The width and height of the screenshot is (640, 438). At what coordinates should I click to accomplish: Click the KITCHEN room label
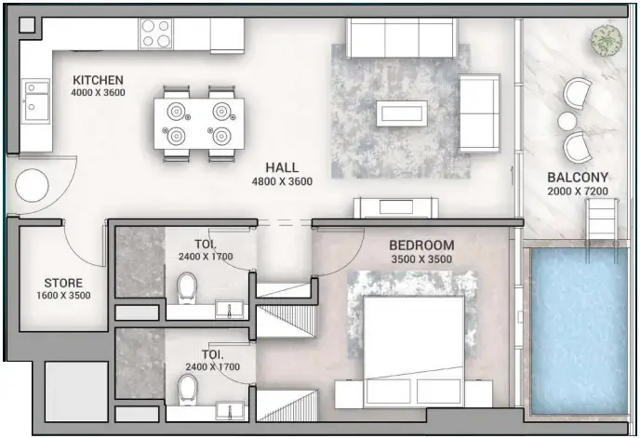(98, 80)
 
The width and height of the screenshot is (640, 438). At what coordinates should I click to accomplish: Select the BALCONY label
(577, 178)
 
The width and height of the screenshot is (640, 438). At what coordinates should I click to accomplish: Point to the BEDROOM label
(421, 246)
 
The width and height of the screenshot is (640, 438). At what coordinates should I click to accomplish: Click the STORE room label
(63, 283)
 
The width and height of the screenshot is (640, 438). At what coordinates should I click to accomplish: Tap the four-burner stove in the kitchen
(156, 33)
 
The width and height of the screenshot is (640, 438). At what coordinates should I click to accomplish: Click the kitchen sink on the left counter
(36, 100)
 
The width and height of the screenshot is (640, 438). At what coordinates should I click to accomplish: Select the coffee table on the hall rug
(401, 113)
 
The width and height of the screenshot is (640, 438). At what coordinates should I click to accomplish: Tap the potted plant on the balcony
(606, 40)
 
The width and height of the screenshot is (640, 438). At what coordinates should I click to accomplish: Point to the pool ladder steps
(599, 220)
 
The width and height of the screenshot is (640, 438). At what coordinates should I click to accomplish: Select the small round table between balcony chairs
(567, 120)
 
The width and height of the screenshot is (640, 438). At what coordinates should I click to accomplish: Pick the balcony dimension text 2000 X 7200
(577, 191)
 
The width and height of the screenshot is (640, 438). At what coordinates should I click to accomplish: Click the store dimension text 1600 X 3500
(63, 296)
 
